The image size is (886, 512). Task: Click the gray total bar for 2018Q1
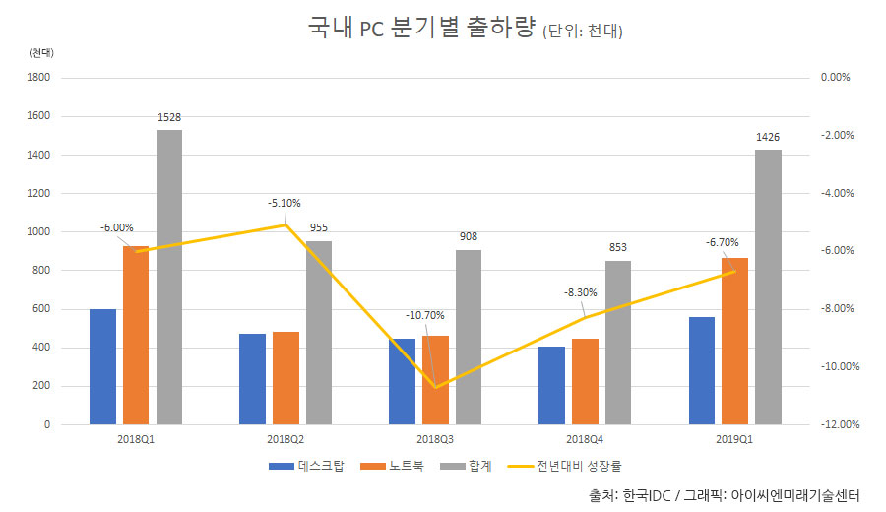(169, 277)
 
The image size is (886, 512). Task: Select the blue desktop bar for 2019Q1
(702, 370)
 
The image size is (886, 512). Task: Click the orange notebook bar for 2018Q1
(136, 335)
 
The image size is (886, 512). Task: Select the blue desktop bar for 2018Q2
(252, 379)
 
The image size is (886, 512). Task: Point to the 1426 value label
(768, 137)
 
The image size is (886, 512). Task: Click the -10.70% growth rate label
(425, 315)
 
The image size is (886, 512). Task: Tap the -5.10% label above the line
(286, 203)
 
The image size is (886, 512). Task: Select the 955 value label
(319, 227)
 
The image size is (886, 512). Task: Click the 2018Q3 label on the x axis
(435, 439)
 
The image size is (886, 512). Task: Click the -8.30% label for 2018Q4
(580, 292)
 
